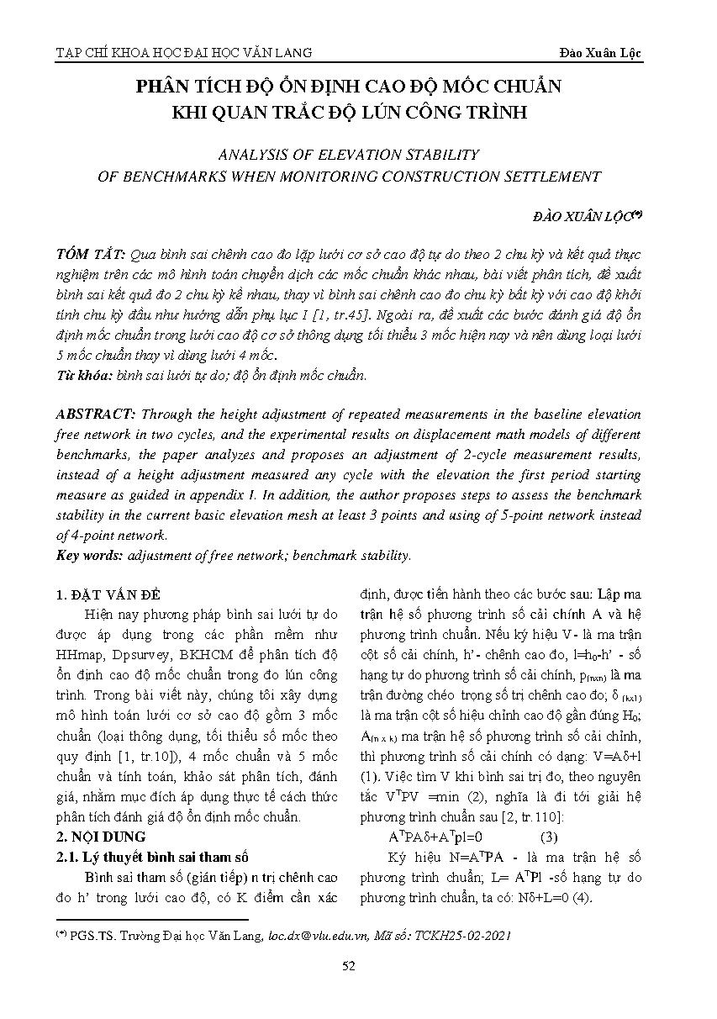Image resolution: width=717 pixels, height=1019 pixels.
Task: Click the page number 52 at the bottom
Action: click(349, 965)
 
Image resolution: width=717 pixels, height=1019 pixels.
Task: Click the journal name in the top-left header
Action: click(183, 53)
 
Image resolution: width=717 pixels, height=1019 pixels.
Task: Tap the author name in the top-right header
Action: click(600, 53)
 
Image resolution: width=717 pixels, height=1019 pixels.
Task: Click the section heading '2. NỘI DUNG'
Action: click(100, 837)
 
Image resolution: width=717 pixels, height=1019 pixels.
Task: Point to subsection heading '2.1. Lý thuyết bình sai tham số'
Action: click(153, 858)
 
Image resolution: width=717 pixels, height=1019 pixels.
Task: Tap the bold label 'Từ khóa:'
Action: click(84, 375)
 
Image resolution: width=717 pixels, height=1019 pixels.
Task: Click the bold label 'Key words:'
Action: click(89, 556)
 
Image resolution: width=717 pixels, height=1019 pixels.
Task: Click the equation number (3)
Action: click(547, 837)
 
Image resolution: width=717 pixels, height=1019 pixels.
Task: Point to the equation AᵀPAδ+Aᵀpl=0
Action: click(435, 837)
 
